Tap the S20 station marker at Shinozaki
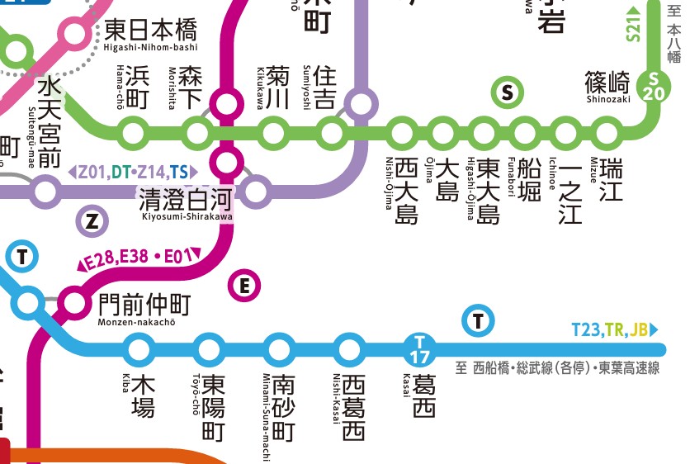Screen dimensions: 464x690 654,86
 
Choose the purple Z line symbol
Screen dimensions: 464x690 92,220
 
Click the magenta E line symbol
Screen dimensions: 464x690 243,286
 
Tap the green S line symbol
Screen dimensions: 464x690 508,92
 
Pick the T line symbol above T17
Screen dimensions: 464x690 479,320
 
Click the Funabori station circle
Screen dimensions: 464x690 523,132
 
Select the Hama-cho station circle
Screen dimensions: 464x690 132,132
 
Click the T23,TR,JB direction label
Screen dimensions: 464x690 615,330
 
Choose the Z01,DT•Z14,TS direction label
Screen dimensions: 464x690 133,172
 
